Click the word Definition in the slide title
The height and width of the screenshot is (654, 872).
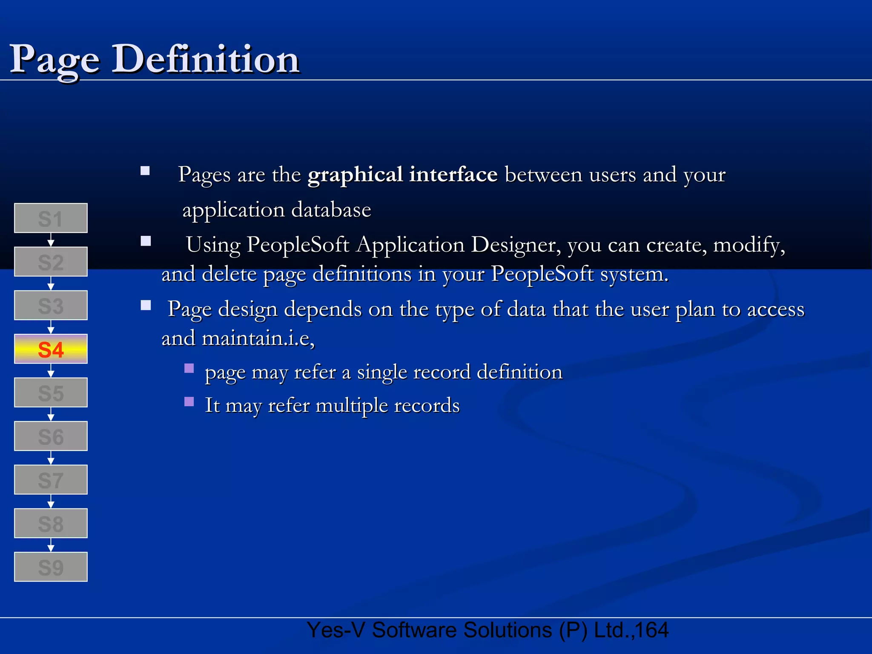(206, 60)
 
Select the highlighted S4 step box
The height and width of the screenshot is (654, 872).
(51, 349)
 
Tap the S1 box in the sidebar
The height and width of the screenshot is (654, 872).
(51, 218)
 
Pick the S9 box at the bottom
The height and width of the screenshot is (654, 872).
(51, 567)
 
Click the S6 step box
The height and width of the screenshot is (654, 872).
(51, 436)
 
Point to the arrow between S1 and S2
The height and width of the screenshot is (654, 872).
(51, 240)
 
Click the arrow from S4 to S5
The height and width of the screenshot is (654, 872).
(51, 371)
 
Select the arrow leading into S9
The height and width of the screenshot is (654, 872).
(51, 545)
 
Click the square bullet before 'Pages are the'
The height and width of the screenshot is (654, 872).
(145, 171)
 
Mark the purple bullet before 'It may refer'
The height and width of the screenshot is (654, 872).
(189, 402)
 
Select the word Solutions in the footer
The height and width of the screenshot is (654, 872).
(507, 630)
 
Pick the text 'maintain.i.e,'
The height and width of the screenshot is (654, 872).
(258, 338)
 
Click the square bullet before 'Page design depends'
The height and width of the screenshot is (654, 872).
(146, 305)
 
